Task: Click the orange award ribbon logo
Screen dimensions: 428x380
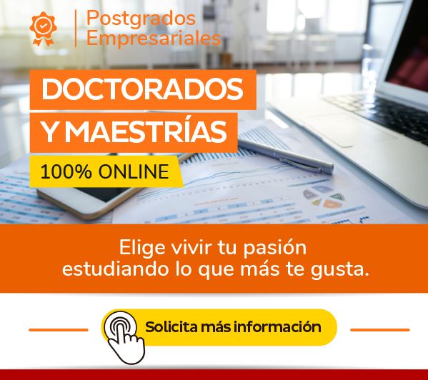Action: pos(43,29)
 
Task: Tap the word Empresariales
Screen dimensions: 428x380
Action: pos(154,38)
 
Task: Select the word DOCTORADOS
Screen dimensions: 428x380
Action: pos(142,89)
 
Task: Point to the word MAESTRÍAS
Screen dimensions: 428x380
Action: pos(146,131)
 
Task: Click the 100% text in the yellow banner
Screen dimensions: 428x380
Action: pos(66,171)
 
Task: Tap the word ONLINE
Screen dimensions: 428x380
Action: pos(134,171)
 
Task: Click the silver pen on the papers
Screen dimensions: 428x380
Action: pos(285,156)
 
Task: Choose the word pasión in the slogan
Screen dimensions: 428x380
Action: pos(275,249)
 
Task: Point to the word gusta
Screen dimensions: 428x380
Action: pos(340,270)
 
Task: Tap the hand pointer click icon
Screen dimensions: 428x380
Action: pos(124,337)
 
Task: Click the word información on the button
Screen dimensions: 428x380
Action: pos(277,327)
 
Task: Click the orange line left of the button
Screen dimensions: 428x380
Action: pos(59,330)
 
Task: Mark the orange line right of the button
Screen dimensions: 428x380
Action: pos(380,330)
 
